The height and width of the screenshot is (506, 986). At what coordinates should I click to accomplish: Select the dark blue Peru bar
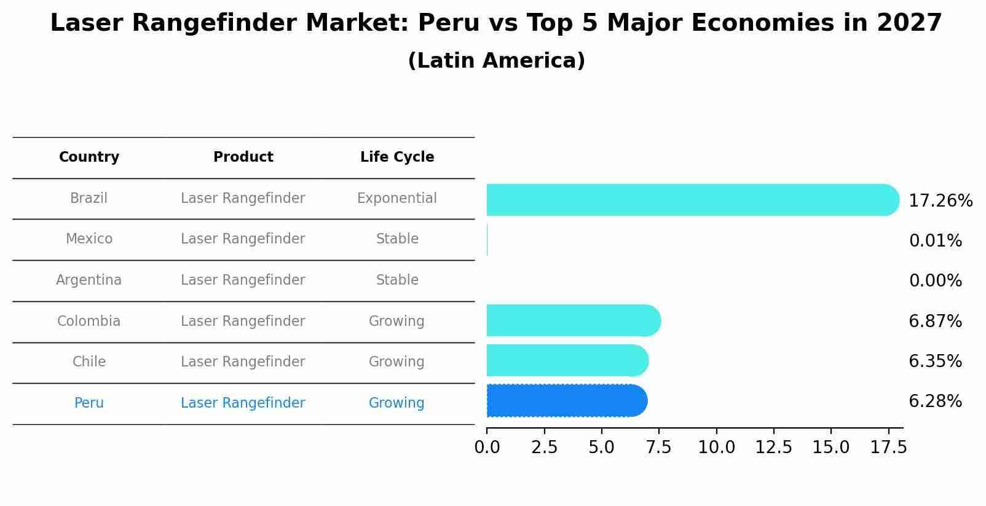click(566, 401)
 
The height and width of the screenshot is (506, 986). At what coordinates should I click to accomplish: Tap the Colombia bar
click(572, 320)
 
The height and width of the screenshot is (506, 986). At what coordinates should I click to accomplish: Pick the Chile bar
click(566, 360)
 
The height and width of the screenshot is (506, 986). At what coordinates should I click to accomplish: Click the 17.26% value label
click(940, 201)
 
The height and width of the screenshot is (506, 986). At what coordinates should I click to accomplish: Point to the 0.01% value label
click(935, 241)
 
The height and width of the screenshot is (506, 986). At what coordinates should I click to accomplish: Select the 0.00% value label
click(935, 281)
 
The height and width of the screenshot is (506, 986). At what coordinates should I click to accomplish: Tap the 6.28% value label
click(935, 401)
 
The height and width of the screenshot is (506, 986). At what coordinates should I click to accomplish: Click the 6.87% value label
click(935, 321)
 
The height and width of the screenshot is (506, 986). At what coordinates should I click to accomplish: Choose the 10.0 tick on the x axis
click(716, 448)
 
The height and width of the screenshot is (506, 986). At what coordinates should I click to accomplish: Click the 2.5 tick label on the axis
click(544, 448)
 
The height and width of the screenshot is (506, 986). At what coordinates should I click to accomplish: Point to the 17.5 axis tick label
click(888, 448)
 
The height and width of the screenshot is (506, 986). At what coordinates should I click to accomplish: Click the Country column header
click(89, 157)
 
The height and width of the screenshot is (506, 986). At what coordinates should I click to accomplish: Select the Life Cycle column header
click(397, 157)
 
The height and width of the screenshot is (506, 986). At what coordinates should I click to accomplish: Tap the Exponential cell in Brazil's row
click(397, 199)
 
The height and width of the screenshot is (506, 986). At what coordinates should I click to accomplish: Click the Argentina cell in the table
click(89, 280)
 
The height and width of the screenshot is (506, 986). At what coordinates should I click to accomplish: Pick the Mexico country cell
click(89, 239)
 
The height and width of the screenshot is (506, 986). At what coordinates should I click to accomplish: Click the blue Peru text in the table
click(89, 403)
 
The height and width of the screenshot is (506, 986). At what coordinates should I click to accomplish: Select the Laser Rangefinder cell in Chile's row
click(243, 362)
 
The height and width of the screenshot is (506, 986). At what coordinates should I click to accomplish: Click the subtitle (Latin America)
click(496, 61)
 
